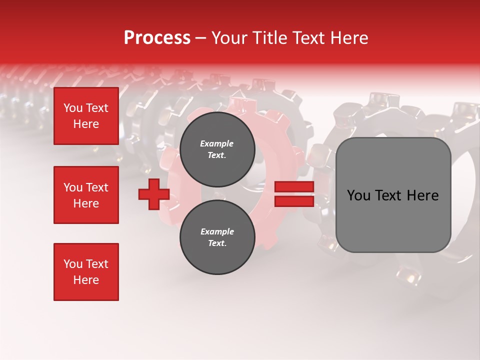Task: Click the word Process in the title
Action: pyautogui.click(x=157, y=38)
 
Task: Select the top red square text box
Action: pyautogui.click(x=86, y=116)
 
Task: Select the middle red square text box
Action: pyautogui.click(x=86, y=195)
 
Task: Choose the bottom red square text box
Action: pyautogui.click(x=86, y=272)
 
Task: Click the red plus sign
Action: pyautogui.click(x=154, y=194)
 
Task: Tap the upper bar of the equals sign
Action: pyautogui.click(x=294, y=186)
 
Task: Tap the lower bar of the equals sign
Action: pyautogui.click(x=294, y=201)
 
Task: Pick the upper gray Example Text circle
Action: pyautogui.click(x=217, y=149)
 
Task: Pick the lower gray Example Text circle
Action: pyautogui.click(x=217, y=237)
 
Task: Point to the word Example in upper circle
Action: pyautogui.click(x=217, y=143)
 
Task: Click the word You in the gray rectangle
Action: pyautogui.click(x=358, y=195)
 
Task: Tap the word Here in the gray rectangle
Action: pyautogui.click(x=422, y=195)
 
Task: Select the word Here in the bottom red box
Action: pyautogui.click(x=86, y=280)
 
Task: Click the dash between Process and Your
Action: pyautogui.click(x=200, y=38)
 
